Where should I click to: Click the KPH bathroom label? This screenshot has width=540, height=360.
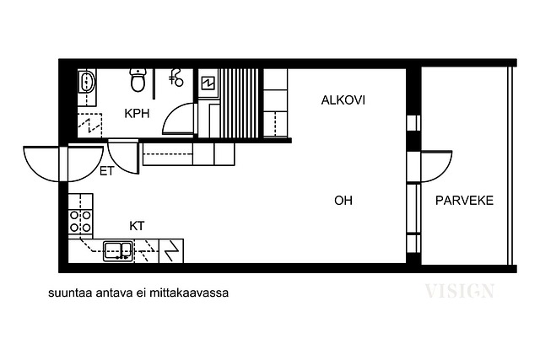click(x=137, y=113)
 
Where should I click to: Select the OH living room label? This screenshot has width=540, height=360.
click(x=343, y=201)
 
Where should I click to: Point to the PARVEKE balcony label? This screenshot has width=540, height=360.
click(x=464, y=201)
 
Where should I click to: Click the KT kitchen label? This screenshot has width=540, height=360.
click(x=137, y=226)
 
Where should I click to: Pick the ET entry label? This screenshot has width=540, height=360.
click(x=106, y=171)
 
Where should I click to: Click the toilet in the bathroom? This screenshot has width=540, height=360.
click(x=138, y=80)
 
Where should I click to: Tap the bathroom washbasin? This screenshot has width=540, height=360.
click(x=86, y=82)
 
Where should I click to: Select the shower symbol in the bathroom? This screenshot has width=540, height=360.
click(x=176, y=78)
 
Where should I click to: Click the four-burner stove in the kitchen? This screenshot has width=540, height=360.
click(x=81, y=221)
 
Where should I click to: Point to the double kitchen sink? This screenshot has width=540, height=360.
click(x=118, y=251)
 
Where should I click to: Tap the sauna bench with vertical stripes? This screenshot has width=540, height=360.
click(x=239, y=103)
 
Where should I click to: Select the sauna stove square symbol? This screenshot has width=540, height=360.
click(x=208, y=83)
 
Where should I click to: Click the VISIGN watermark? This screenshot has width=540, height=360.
click(x=459, y=291)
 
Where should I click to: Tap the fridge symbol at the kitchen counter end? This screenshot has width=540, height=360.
click(x=171, y=251)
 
